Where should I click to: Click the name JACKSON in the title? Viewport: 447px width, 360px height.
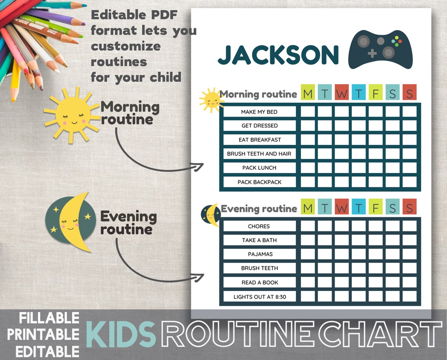(x=278, y=55)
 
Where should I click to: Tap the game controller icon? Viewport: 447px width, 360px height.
(x=380, y=49)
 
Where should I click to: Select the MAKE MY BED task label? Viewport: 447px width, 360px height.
(x=259, y=112)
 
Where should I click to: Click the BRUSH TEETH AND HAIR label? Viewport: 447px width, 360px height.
(x=259, y=154)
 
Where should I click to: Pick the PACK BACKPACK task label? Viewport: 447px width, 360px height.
(x=259, y=182)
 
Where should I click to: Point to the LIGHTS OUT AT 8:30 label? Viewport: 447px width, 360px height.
(x=260, y=297)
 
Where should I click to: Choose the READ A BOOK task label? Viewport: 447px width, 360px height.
(x=260, y=283)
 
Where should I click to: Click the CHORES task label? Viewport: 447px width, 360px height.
(x=259, y=226)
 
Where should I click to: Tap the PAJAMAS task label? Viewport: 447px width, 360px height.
(x=260, y=254)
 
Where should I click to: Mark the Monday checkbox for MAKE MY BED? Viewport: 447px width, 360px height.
(x=308, y=112)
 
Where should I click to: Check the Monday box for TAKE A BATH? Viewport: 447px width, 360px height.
(x=308, y=240)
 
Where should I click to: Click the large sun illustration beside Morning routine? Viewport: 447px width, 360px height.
(x=72, y=114)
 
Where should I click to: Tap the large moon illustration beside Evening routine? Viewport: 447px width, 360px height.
(x=70, y=221)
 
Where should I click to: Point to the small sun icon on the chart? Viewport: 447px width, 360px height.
(x=211, y=100)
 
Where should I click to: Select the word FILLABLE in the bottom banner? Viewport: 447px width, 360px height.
(x=49, y=318)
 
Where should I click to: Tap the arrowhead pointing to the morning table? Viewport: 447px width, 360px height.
(x=200, y=166)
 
